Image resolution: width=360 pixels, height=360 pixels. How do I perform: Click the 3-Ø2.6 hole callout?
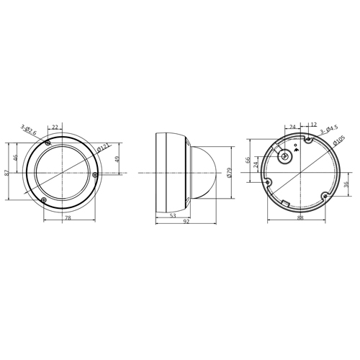29,130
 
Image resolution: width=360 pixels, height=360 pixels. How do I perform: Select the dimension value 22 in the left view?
55,127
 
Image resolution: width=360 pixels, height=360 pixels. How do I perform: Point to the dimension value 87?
7,173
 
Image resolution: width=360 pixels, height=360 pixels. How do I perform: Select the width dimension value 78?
68,217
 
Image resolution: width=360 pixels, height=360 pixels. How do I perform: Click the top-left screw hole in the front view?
48,144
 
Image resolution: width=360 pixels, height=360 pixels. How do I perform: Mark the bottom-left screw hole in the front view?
42,199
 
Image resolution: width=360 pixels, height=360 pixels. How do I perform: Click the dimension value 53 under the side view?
174,215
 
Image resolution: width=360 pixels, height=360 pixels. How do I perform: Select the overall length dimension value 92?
186,223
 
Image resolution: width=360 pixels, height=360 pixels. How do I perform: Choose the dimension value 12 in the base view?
313,125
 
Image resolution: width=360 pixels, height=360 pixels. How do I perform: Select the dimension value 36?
346,185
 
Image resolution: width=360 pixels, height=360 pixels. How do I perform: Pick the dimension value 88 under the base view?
300,218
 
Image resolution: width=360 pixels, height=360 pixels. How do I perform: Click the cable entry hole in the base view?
286,156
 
